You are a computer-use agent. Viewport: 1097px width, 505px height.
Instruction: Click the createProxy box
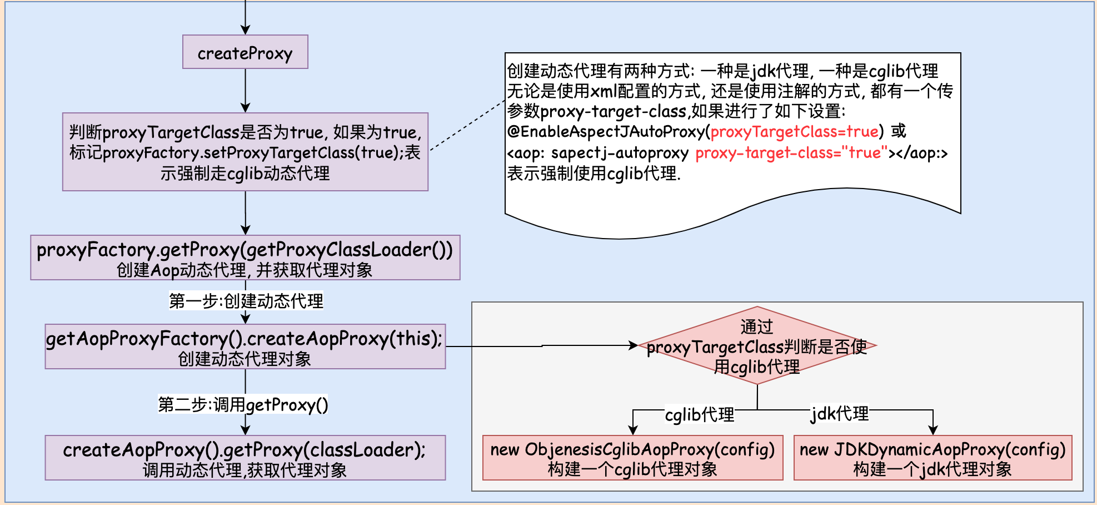245,52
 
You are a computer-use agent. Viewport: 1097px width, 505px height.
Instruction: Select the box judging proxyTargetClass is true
245,152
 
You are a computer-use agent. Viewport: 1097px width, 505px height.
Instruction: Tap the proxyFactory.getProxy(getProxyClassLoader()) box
245,258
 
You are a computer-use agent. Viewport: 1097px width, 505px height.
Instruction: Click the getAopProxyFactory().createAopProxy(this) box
245,346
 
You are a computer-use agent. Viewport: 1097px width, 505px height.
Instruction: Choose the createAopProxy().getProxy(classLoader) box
245,458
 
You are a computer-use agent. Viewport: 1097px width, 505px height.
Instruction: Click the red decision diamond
757,345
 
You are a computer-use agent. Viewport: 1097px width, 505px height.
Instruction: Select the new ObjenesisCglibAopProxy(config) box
632,458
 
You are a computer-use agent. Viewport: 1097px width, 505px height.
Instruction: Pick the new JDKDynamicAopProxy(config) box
933,458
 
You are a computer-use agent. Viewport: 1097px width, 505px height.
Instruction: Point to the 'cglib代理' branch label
700,414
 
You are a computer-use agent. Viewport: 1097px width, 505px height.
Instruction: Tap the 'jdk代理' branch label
840,413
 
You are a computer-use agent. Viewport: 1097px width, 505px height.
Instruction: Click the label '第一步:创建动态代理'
246,301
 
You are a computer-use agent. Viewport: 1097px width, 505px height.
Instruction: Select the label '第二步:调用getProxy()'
243,404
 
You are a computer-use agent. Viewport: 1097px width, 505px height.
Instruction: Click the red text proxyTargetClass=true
795,132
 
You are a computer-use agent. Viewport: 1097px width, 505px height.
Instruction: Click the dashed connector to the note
467,126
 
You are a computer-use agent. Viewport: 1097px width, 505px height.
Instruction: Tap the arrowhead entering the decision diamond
633,345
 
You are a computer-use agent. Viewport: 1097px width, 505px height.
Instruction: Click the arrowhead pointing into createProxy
245,30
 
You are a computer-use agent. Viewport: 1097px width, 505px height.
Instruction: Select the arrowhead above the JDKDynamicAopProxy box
933,430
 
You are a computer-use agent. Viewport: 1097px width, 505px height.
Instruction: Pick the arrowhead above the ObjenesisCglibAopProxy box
632,430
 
